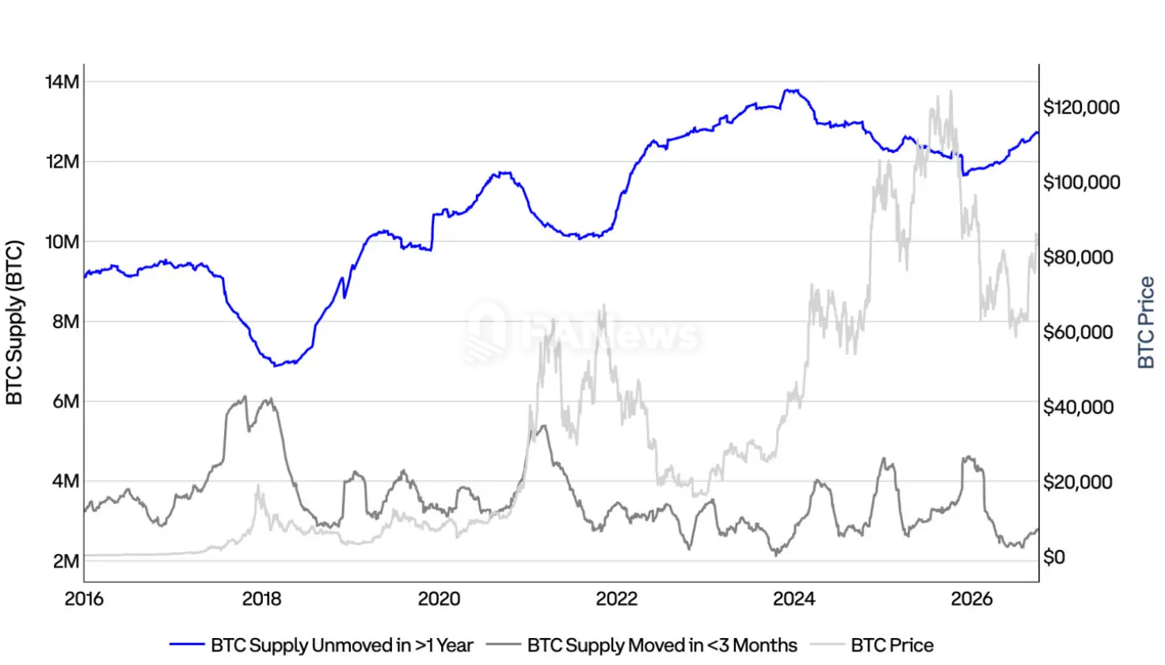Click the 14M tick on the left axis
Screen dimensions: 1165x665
(x=62, y=82)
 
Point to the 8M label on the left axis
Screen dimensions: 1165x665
(x=66, y=322)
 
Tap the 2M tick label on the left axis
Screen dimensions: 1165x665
(x=66, y=561)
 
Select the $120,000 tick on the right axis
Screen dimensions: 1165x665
(x=1081, y=107)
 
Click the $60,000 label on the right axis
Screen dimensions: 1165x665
(x=1078, y=332)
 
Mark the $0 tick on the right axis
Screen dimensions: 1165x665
(x=1054, y=556)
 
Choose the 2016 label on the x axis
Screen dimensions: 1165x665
(x=84, y=599)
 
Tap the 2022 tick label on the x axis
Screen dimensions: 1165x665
(x=616, y=599)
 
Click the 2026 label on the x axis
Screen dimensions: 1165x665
(x=972, y=599)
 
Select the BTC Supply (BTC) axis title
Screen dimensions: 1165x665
(x=14, y=323)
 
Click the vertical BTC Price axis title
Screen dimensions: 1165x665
(x=1146, y=323)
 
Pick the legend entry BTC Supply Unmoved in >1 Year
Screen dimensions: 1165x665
(x=322, y=645)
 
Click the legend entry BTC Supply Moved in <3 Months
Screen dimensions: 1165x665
(x=642, y=645)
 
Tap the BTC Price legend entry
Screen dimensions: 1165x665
(x=872, y=645)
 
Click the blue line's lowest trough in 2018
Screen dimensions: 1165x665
(x=276, y=366)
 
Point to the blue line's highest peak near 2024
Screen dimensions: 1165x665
(x=791, y=90)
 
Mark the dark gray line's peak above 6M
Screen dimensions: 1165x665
(x=245, y=397)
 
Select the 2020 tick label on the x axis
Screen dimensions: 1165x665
(x=439, y=599)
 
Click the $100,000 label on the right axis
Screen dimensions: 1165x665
(x=1082, y=182)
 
